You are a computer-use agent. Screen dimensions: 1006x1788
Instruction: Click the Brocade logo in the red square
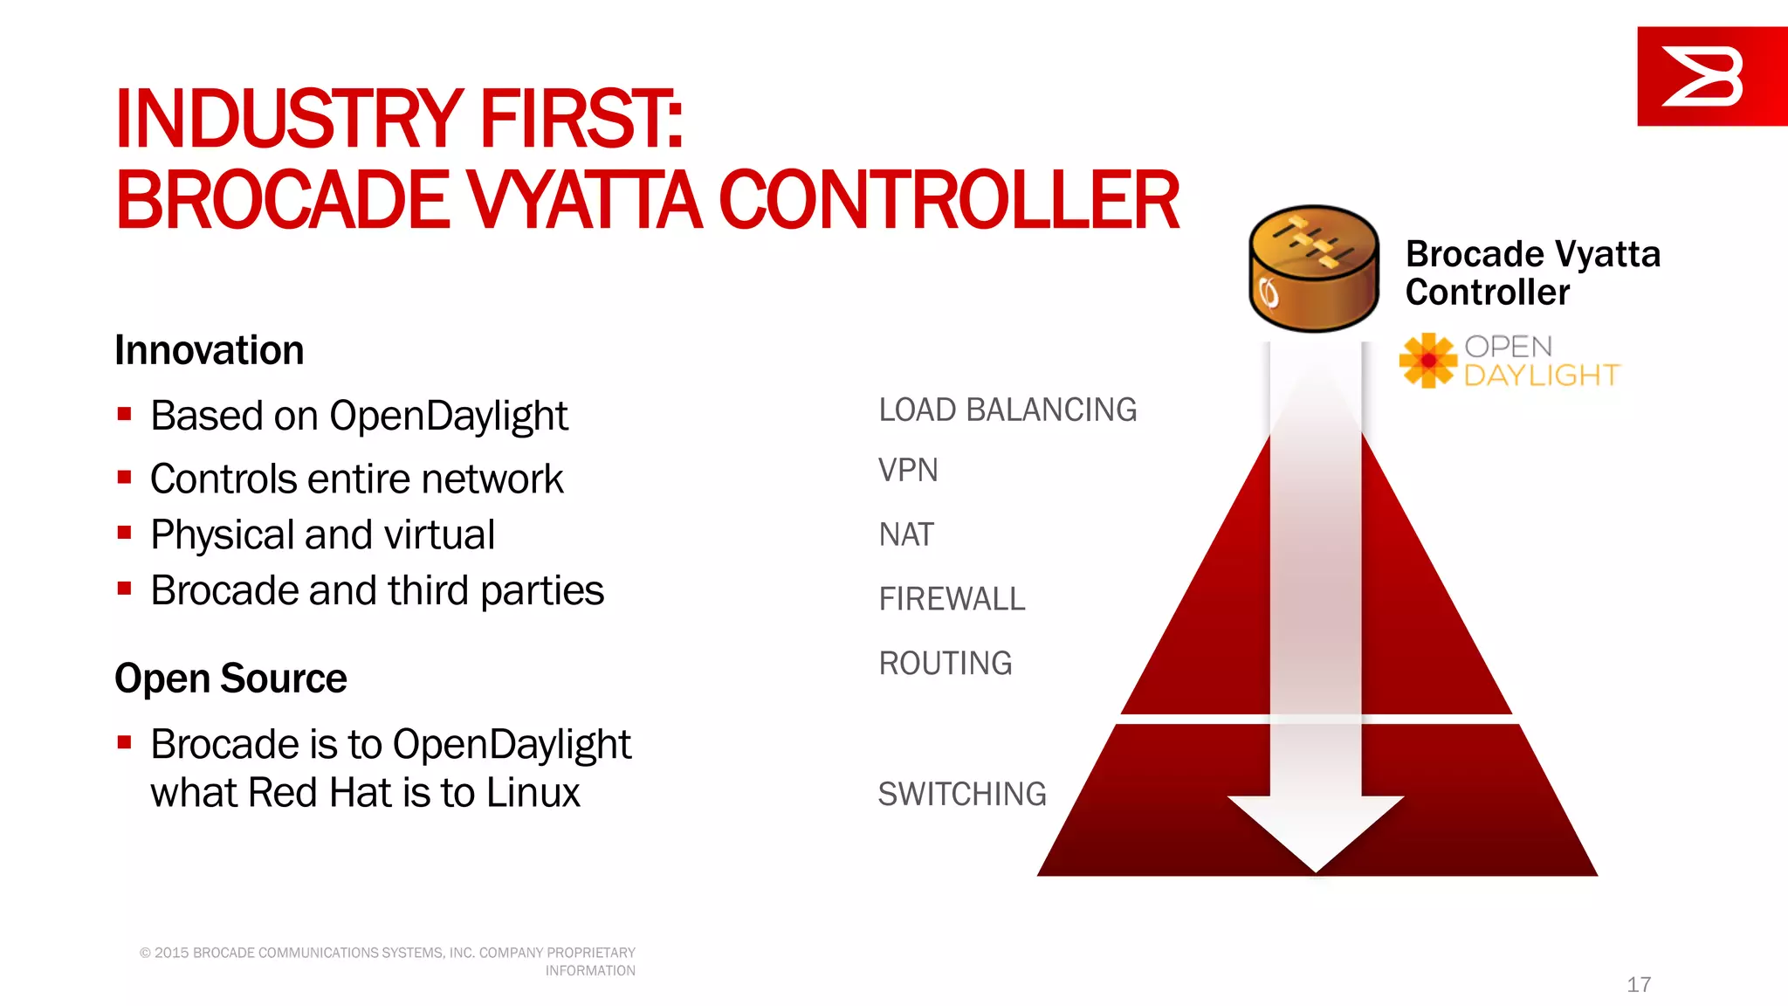pyautogui.click(x=1702, y=77)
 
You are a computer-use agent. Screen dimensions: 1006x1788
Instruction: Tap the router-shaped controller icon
pyautogui.click(x=1314, y=269)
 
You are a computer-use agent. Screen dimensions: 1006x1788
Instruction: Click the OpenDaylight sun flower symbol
pyautogui.click(x=1428, y=360)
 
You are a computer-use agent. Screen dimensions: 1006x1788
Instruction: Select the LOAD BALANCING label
pyautogui.click(x=1007, y=410)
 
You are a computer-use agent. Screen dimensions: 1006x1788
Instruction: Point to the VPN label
pyautogui.click(x=908, y=471)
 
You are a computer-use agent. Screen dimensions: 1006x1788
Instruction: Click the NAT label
pyautogui.click(x=906, y=534)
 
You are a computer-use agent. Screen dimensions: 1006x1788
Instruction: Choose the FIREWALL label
pyautogui.click(x=952, y=599)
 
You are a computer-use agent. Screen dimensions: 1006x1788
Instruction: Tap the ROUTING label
pyautogui.click(x=946, y=664)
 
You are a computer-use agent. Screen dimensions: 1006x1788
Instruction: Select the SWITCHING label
pyautogui.click(x=962, y=794)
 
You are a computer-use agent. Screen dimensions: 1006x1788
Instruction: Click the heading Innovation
pyautogui.click(x=210, y=350)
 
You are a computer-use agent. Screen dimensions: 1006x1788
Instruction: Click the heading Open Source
pyautogui.click(x=230, y=679)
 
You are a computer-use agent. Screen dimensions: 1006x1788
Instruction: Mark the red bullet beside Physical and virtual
pyautogui.click(x=124, y=533)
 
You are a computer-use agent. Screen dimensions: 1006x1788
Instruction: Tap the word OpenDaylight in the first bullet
pyautogui.click(x=448, y=417)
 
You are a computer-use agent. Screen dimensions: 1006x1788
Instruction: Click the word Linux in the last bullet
pyautogui.click(x=533, y=793)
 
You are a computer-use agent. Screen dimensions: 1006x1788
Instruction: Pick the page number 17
pyautogui.click(x=1639, y=984)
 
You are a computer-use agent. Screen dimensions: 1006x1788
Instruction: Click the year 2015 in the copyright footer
pyautogui.click(x=172, y=953)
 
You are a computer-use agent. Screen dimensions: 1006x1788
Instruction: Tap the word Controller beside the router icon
pyautogui.click(x=1488, y=293)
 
